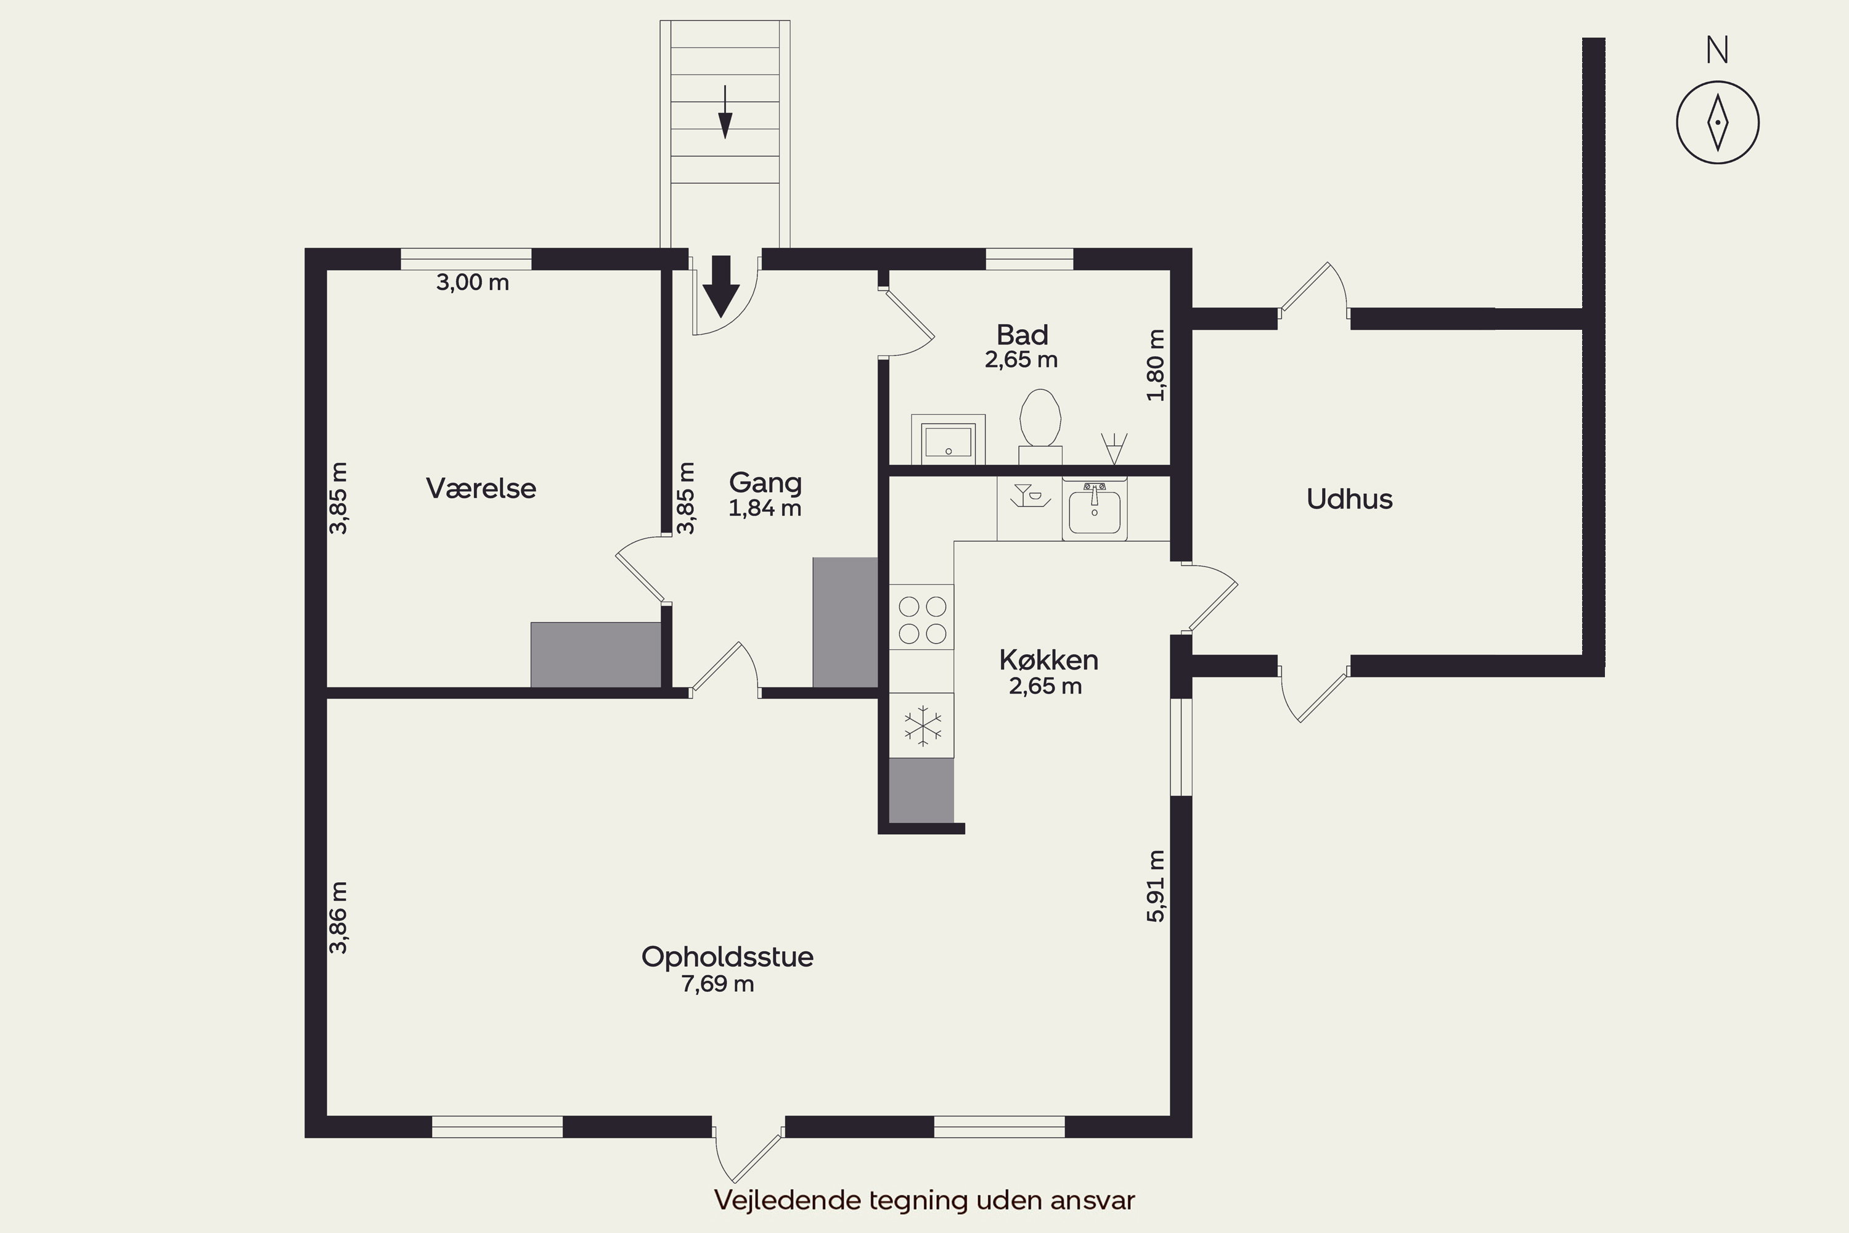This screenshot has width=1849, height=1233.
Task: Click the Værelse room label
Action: [481, 488]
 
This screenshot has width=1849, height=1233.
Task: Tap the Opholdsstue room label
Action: [727, 957]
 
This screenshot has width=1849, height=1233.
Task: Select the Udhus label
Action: [1349, 499]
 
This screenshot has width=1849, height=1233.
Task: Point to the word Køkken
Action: [1049, 660]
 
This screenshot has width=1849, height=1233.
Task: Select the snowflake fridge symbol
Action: [922, 725]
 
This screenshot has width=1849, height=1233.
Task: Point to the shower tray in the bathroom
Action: [948, 440]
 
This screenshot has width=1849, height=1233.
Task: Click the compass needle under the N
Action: [1718, 123]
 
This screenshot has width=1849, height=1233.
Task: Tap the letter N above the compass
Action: [1718, 51]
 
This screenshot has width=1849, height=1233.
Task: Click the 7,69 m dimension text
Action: [718, 984]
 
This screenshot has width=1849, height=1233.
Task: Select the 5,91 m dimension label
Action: [1156, 887]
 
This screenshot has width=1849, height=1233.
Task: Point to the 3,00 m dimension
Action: [473, 282]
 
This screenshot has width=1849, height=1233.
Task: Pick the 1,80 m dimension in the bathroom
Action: [1155, 365]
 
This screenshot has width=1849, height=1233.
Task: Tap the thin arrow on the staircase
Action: [725, 112]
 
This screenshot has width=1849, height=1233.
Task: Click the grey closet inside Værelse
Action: [596, 655]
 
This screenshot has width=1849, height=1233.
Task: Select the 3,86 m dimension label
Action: [338, 918]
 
